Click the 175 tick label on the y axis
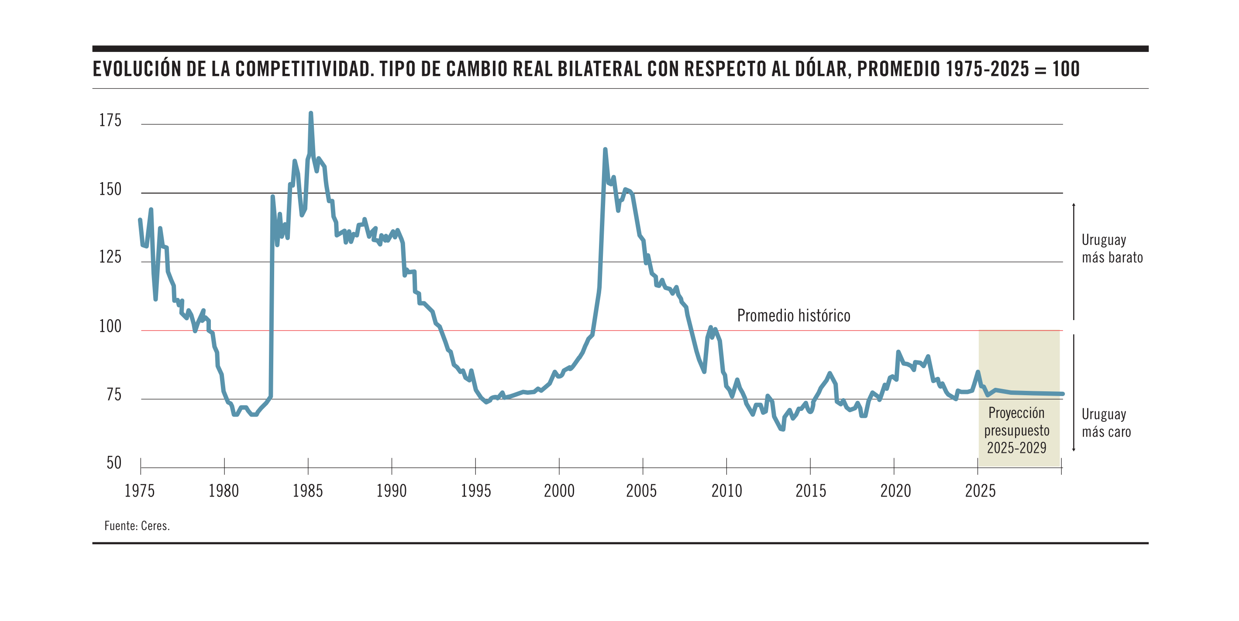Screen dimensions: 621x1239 (x=110, y=120)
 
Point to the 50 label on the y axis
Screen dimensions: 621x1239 (x=114, y=463)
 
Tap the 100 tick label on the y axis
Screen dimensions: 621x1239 (x=110, y=326)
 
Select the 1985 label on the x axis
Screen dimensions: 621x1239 (x=308, y=491)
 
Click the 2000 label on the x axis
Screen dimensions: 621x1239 (x=559, y=491)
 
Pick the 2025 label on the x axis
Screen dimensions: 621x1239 (x=980, y=491)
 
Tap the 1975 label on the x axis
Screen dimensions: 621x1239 (x=139, y=491)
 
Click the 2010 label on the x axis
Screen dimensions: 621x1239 (x=727, y=491)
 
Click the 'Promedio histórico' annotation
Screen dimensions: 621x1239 (x=794, y=316)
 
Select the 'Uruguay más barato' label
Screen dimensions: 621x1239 (x=1112, y=248)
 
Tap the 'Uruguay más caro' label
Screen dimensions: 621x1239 (x=1106, y=423)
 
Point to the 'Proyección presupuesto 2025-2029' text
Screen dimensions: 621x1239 (x=1017, y=430)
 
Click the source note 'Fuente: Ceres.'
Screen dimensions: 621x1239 (x=137, y=526)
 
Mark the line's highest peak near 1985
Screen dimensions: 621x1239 (x=311, y=114)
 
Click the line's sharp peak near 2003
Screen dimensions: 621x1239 (x=605, y=150)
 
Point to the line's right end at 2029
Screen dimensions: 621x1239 (x=1063, y=394)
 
